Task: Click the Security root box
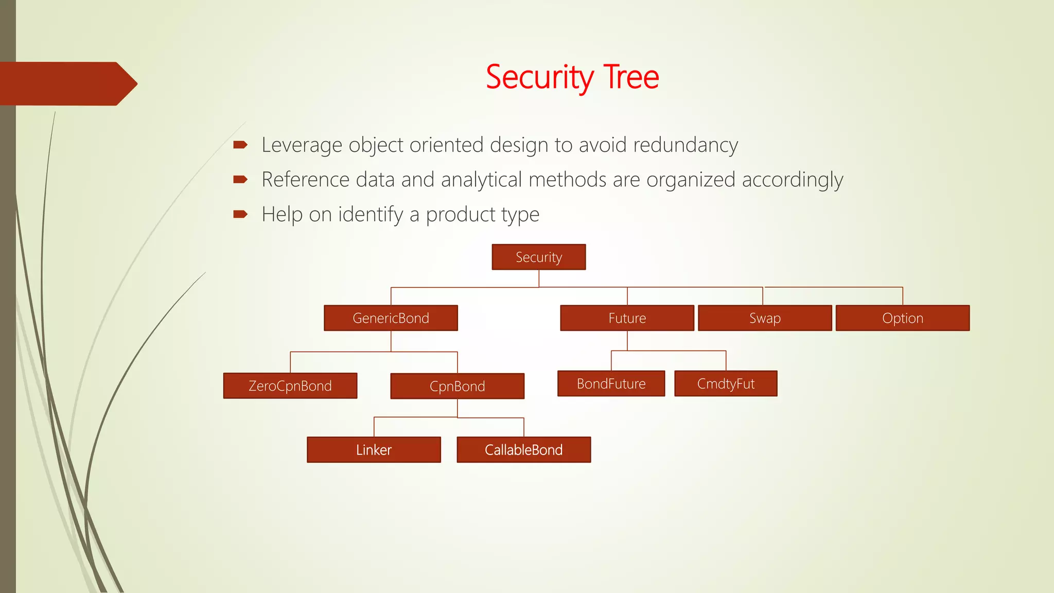point(538,257)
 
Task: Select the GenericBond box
point(391,318)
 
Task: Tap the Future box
point(627,318)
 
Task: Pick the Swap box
point(765,318)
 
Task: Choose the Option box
point(902,318)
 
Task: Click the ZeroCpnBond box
point(290,386)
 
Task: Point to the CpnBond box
point(457,386)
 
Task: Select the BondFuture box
point(611,383)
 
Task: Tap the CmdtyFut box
point(726,383)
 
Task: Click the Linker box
point(374,450)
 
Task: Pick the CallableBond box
point(523,450)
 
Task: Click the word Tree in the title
point(631,77)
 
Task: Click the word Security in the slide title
point(540,77)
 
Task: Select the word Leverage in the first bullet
point(302,145)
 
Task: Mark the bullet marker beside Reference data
point(240,180)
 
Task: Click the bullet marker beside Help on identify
point(240,214)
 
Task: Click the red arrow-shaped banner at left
point(67,84)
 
